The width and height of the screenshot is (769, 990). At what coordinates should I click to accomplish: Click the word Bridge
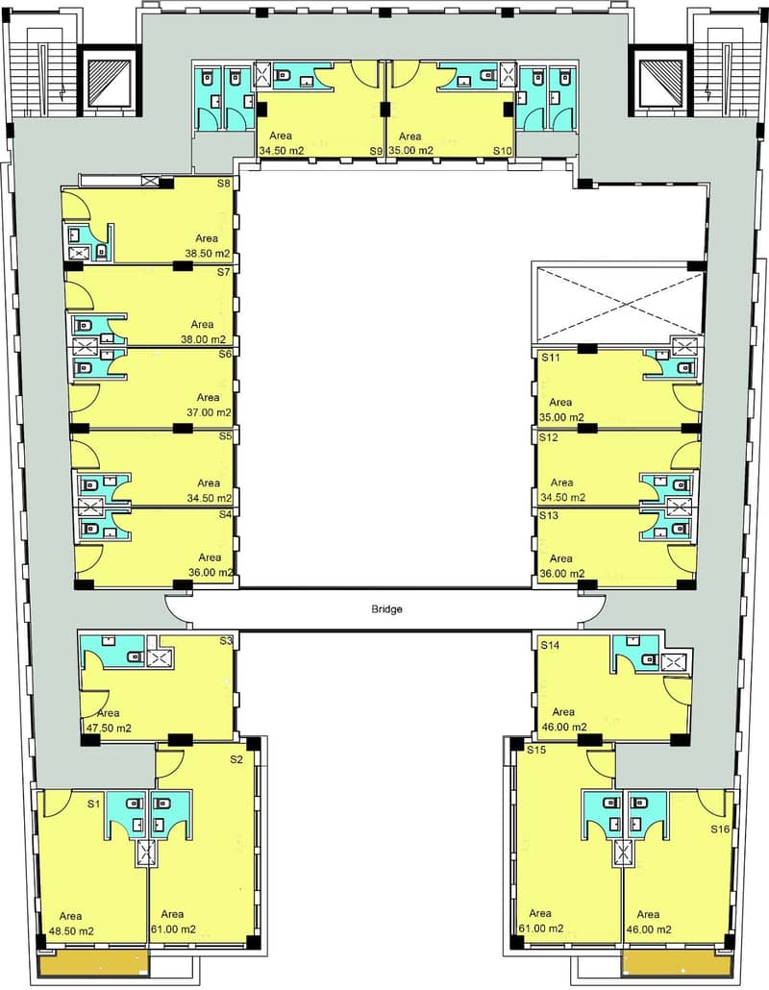click(x=386, y=609)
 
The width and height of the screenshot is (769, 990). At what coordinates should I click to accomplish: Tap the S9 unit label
click(x=376, y=151)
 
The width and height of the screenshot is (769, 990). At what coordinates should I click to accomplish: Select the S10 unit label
click(x=503, y=151)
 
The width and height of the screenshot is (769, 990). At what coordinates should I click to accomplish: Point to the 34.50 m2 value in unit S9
click(x=282, y=151)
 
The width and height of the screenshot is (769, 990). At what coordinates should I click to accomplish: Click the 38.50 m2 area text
click(x=208, y=253)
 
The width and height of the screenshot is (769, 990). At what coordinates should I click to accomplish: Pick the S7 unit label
click(x=224, y=272)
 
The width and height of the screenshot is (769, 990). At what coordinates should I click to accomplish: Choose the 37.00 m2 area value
click(x=209, y=412)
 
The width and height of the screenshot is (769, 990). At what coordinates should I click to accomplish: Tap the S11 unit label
click(x=551, y=358)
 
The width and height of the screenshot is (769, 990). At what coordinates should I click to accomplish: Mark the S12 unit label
click(x=549, y=437)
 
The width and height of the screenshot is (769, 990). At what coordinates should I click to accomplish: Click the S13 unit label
click(x=549, y=515)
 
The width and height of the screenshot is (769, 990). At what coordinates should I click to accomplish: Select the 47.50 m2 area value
click(x=109, y=728)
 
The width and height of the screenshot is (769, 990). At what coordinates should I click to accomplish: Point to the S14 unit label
click(x=550, y=645)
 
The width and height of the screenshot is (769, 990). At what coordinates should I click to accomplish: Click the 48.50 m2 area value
click(x=71, y=931)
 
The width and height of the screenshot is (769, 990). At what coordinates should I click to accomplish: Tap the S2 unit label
click(x=236, y=759)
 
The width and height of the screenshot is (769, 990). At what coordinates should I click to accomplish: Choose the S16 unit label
click(x=720, y=829)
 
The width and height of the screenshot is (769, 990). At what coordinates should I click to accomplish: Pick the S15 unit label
click(x=536, y=750)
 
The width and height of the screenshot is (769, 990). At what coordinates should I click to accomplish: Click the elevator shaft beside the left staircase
click(x=107, y=81)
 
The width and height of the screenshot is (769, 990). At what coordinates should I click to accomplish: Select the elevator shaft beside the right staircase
click(x=659, y=81)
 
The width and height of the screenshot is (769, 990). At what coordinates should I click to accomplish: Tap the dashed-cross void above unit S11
click(x=618, y=305)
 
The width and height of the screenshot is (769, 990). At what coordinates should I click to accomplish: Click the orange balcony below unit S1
click(x=93, y=963)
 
